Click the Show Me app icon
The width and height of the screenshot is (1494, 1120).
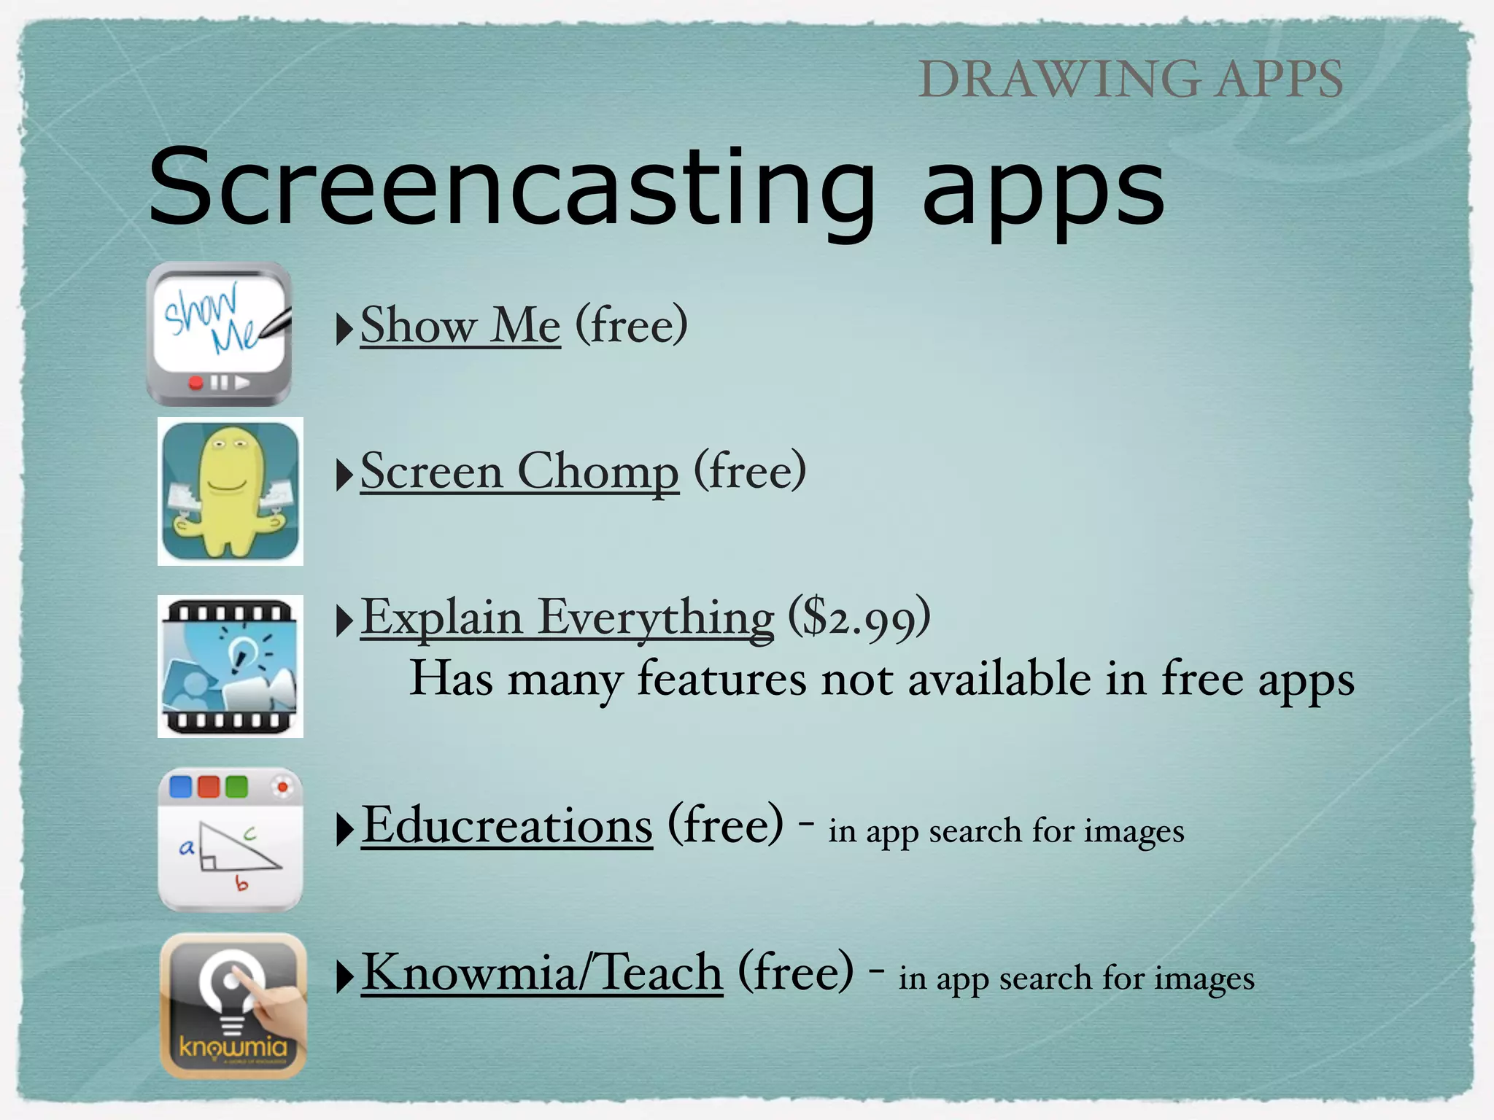(219, 334)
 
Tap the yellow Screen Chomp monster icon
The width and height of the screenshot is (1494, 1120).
(231, 491)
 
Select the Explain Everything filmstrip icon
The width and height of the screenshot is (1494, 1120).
(231, 666)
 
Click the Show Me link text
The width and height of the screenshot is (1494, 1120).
(460, 326)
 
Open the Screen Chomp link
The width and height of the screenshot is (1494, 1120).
(519, 472)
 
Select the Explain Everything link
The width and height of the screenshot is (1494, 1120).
(567, 618)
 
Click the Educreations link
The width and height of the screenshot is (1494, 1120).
(507, 826)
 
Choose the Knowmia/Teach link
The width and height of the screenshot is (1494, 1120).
(542, 973)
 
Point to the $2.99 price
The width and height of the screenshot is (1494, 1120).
(859, 618)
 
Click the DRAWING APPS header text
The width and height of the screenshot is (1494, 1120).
(1130, 79)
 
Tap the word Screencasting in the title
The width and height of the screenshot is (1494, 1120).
(511, 187)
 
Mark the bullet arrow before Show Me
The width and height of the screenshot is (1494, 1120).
(344, 329)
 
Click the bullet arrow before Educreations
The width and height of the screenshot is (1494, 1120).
(344, 830)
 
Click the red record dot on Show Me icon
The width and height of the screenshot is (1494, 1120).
(196, 383)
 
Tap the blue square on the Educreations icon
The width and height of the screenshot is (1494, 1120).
(180, 787)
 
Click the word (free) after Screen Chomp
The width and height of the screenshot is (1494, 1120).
(750, 471)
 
